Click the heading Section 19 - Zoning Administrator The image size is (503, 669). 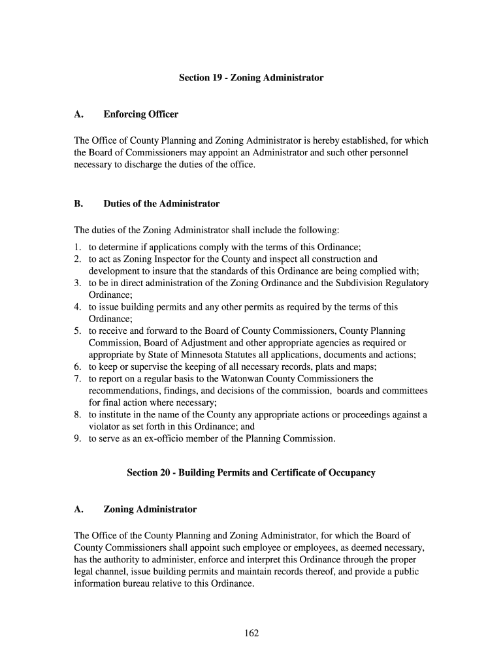click(252, 78)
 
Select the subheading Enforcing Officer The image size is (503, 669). click(140, 114)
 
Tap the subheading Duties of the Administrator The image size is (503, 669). click(161, 204)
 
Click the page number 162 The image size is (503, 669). click(252, 632)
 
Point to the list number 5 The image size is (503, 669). click(76, 331)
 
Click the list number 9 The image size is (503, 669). click(76, 438)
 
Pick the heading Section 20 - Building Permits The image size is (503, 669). click(252, 472)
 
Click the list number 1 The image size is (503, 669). click(76, 248)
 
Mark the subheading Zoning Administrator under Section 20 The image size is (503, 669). click(150, 509)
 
